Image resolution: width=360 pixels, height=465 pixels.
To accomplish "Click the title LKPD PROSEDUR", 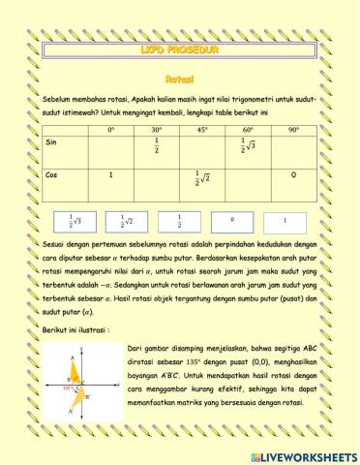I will [180, 46].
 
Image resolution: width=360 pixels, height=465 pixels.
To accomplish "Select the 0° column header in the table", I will [111, 129].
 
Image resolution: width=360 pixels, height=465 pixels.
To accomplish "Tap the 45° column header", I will [202, 129].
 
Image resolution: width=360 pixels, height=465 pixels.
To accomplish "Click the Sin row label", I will [52, 141].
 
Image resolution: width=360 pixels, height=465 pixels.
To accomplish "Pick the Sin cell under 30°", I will [157, 146].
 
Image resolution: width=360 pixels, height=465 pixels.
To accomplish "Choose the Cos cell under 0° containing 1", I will [111, 175].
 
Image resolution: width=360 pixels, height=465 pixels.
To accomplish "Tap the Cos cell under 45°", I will [202, 179].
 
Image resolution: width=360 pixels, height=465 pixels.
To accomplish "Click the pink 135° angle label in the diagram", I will [69, 387].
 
